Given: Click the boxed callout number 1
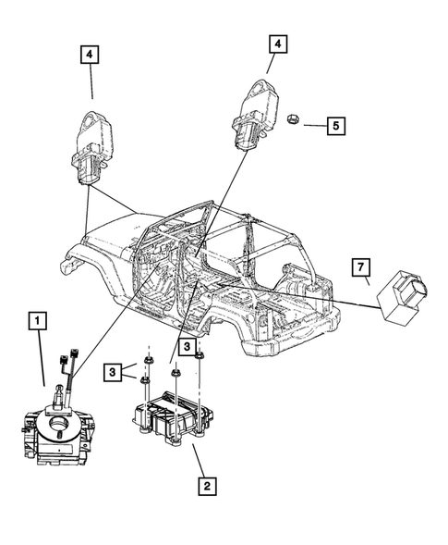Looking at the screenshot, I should [x=37, y=322].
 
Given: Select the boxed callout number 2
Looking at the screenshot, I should [x=208, y=484].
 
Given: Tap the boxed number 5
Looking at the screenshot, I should [x=338, y=124].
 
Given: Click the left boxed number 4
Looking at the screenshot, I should [x=91, y=56].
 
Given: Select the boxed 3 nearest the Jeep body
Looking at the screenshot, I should [x=188, y=347].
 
